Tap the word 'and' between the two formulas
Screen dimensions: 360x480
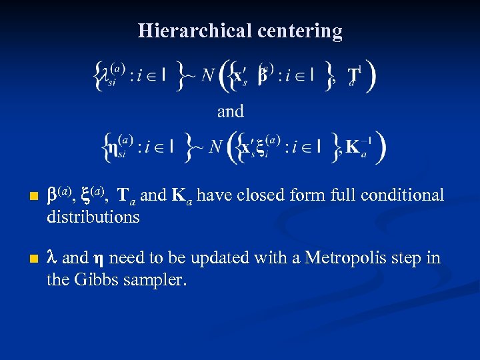click(x=230, y=111)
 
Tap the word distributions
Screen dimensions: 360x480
click(x=93, y=217)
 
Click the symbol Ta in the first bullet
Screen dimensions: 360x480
click(x=126, y=196)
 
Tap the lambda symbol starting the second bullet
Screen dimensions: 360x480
click(x=51, y=258)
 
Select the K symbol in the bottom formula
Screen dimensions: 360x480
click(x=354, y=146)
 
